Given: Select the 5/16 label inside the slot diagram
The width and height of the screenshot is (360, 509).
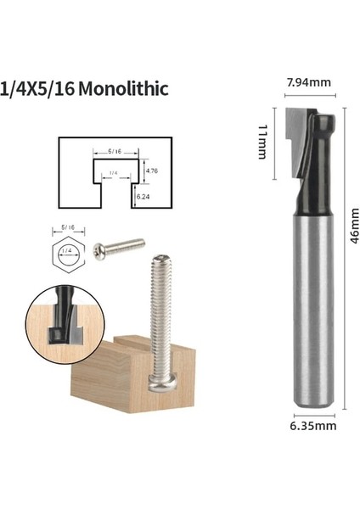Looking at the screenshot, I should coord(114,151).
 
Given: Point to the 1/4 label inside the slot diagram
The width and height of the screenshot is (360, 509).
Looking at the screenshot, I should coord(114,174).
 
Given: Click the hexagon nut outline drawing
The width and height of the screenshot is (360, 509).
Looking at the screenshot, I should coord(67,253).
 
